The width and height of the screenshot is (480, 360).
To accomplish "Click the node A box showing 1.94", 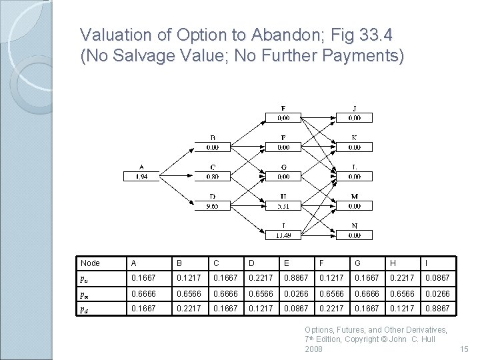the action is [x=141, y=177].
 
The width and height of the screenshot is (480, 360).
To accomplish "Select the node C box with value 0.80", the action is [x=212, y=177].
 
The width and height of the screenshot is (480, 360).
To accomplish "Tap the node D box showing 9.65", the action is [x=212, y=206].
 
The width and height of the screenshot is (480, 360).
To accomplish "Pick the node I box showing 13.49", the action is [x=283, y=235].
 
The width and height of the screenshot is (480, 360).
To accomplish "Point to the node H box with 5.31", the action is [x=283, y=206].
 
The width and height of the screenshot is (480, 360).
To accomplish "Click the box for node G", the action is [x=283, y=177].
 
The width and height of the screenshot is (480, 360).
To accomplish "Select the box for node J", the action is [x=354, y=118].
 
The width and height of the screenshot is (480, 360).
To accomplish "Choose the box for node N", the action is [x=354, y=235].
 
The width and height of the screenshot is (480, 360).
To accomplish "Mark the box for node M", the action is [x=354, y=206].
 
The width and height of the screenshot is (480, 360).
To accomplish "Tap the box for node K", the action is [x=354, y=147].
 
